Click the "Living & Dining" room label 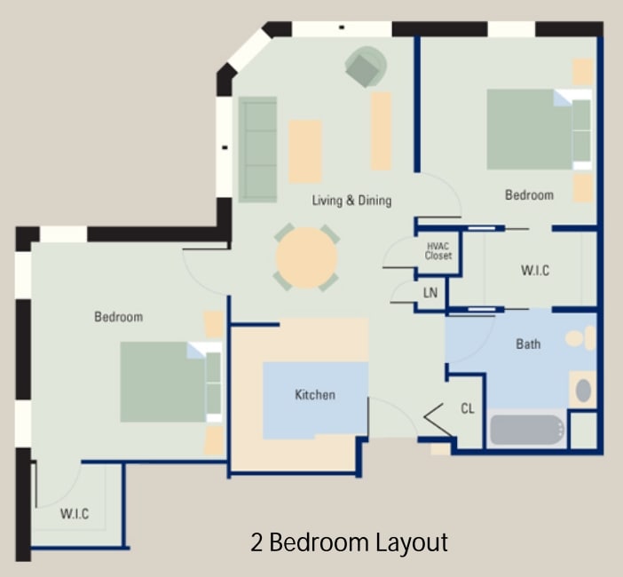click(351, 201)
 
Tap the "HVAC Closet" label click(438, 251)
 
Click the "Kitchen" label click(315, 395)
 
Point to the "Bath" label click(528, 344)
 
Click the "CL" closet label click(468, 408)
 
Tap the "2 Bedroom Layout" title click(349, 541)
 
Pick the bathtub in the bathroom click(527, 431)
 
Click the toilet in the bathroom click(580, 337)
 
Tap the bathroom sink click(583, 390)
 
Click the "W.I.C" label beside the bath click(534, 271)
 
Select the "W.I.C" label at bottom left click(75, 514)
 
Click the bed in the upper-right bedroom click(537, 129)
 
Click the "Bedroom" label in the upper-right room click(529, 195)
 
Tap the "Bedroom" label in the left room click(118, 317)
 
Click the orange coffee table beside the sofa click(305, 152)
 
